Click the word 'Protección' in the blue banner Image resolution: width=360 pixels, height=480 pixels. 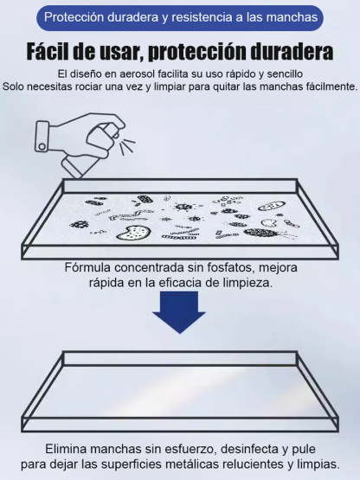75,16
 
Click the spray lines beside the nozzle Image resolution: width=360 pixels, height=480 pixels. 126,143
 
